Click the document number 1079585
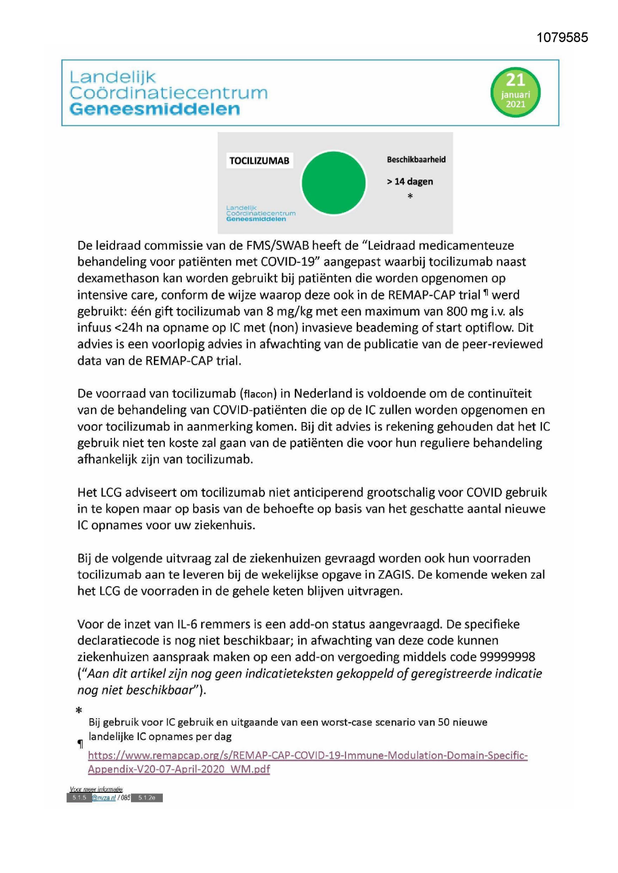point(562,38)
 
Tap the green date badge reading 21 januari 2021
point(515,93)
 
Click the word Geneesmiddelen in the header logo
point(154,109)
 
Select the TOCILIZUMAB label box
point(259,161)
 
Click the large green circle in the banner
point(334,183)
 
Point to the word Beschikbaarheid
point(416,160)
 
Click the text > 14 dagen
point(410,182)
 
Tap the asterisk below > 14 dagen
point(410,197)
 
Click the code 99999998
point(507,657)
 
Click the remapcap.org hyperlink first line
point(307,755)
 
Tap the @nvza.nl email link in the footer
point(104,798)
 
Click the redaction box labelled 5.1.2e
point(147,798)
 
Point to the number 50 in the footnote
point(444,722)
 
